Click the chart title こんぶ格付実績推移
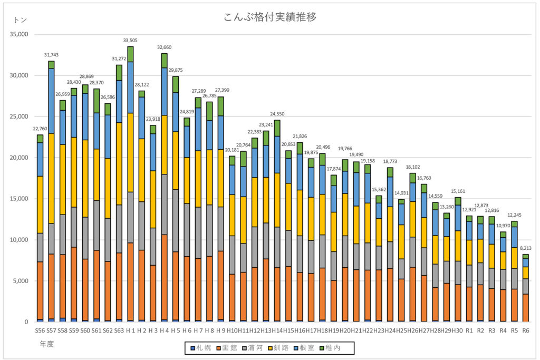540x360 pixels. [x=270, y=17]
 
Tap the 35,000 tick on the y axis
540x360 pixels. [x=20, y=34]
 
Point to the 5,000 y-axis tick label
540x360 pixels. [x=21, y=281]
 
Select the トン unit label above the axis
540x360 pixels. [x=20, y=20]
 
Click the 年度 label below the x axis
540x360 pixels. [x=46, y=344]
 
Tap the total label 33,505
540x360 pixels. [x=130, y=40]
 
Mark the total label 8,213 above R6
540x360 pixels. [x=525, y=248]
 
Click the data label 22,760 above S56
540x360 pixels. [x=40, y=129]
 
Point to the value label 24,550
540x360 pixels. [x=277, y=114]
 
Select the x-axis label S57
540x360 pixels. [x=51, y=330]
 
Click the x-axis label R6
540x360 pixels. [x=525, y=330]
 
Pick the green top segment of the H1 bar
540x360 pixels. [x=130, y=54]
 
